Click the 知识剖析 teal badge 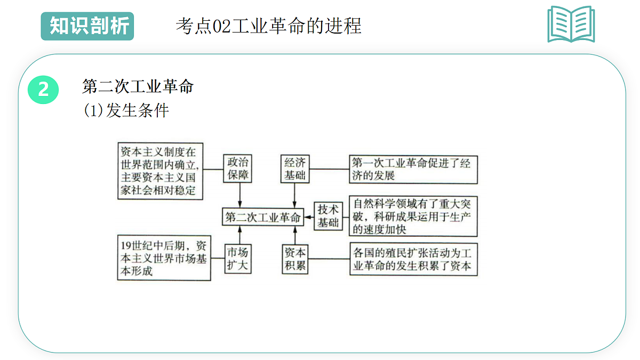(x=87, y=26)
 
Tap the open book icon (x=571, y=25)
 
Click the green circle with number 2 (x=43, y=90)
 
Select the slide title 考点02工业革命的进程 (x=269, y=26)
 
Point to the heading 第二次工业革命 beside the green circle (x=138, y=86)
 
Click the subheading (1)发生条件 (x=126, y=110)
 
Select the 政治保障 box (x=237, y=169)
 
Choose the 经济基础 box (x=295, y=169)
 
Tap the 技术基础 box (x=328, y=216)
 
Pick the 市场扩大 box (x=238, y=259)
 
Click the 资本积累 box (x=295, y=259)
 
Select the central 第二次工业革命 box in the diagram (x=263, y=217)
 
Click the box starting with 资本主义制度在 (x=161, y=171)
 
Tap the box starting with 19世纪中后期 (x=164, y=258)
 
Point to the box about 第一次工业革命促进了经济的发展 (x=413, y=170)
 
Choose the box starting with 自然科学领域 (x=413, y=217)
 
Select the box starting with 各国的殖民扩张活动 (x=413, y=259)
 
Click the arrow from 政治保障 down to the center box (x=239, y=195)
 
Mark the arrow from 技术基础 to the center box (x=309, y=217)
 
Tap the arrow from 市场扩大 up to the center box (x=239, y=235)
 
